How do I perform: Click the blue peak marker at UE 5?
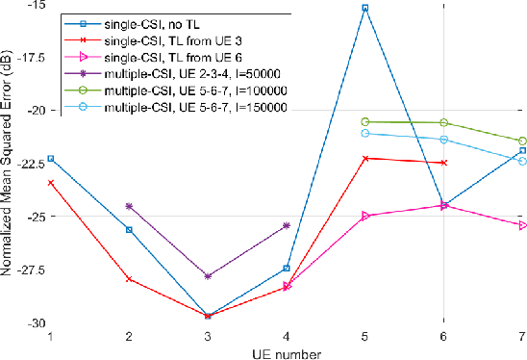pyautogui.click(x=364, y=8)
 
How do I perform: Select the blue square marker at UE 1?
pyautogui.click(x=50, y=158)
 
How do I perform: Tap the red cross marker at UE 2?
pyautogui.click(x=129, y=279)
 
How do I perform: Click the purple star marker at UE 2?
pyautogui.click(x=129, y=206)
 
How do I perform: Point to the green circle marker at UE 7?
pyautogui.click(x=522, y=141)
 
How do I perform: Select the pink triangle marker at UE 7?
pyautogui.click(x=522, y=225)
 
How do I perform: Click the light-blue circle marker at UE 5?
pyautogui.click(x=364, y=133)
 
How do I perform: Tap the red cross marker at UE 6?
pyautogui.click(x=443, y=163)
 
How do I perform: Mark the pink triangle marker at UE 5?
pyautogui.click(x=364, y=217)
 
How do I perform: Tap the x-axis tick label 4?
pyautogui.click(x=286, y=336)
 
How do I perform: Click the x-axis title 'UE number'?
pyautogui.click(x=286, y=352)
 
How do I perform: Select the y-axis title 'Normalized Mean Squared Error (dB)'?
pyautogui.click(x=8, y=164)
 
